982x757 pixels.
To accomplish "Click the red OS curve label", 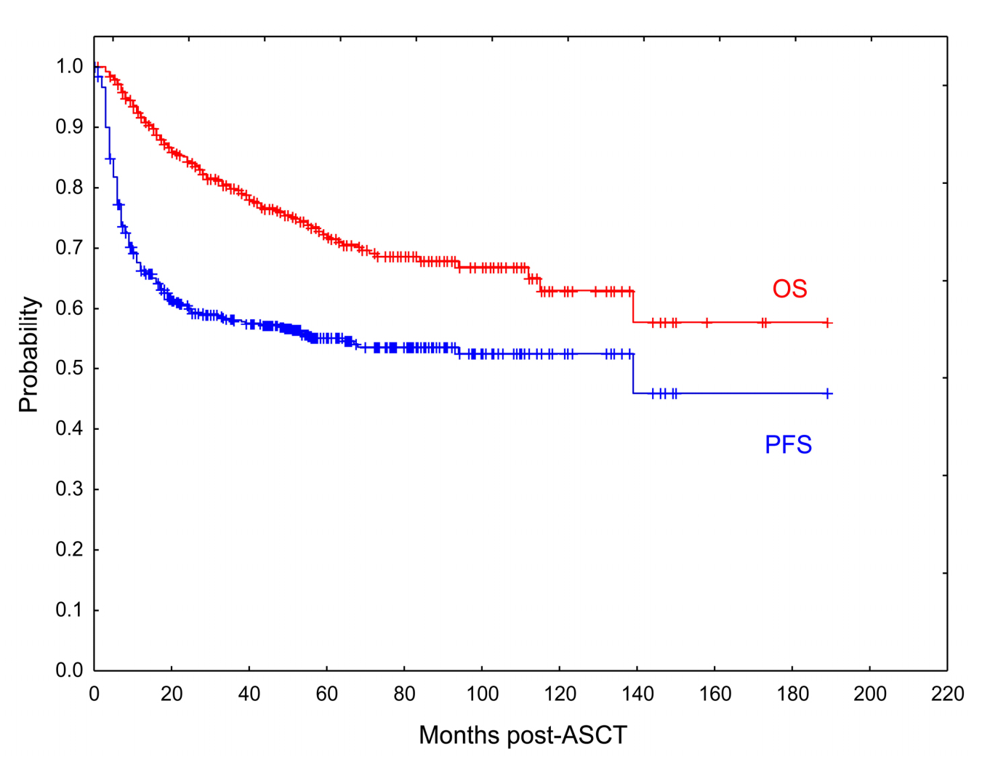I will (x=789, y=289).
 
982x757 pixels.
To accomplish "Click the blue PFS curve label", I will (x=788, y=444).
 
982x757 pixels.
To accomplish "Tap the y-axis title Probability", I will (x=29, y=354).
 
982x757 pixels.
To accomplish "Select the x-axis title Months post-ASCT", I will (x=523, y=735).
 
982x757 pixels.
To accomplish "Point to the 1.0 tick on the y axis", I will (x=70, y=67).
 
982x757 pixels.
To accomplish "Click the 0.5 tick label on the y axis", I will (x=70, y=369).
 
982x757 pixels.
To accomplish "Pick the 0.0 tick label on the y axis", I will (x=70, y=670).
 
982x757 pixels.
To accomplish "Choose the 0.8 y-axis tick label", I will (x=70, y=188).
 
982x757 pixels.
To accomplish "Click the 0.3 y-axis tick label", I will (x=70, y=489).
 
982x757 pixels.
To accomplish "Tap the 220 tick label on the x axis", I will (x=947, y=694).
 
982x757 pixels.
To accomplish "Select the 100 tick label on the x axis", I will (x=482, y=694).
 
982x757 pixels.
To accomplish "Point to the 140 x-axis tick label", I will (x=637, y=694).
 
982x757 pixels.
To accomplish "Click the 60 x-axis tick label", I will (x=327, y=694).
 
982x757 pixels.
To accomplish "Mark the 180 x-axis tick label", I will (x=792, y=694).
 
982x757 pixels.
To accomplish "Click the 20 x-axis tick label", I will (x=172, y=694).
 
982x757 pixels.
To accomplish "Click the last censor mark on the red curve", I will (x=827, y=323).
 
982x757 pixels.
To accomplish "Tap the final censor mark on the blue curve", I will (x=827, y=393).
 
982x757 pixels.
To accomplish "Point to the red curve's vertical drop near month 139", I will (x=634, y=307).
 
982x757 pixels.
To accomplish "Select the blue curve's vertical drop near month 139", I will (x=634, y=374).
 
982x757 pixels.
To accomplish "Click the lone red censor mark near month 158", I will (x=707, y=323).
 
